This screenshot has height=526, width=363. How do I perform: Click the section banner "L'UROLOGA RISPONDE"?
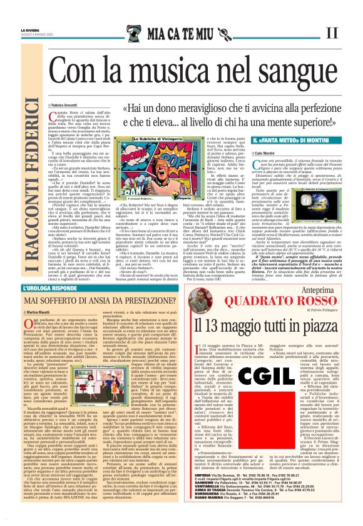[68, 288]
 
